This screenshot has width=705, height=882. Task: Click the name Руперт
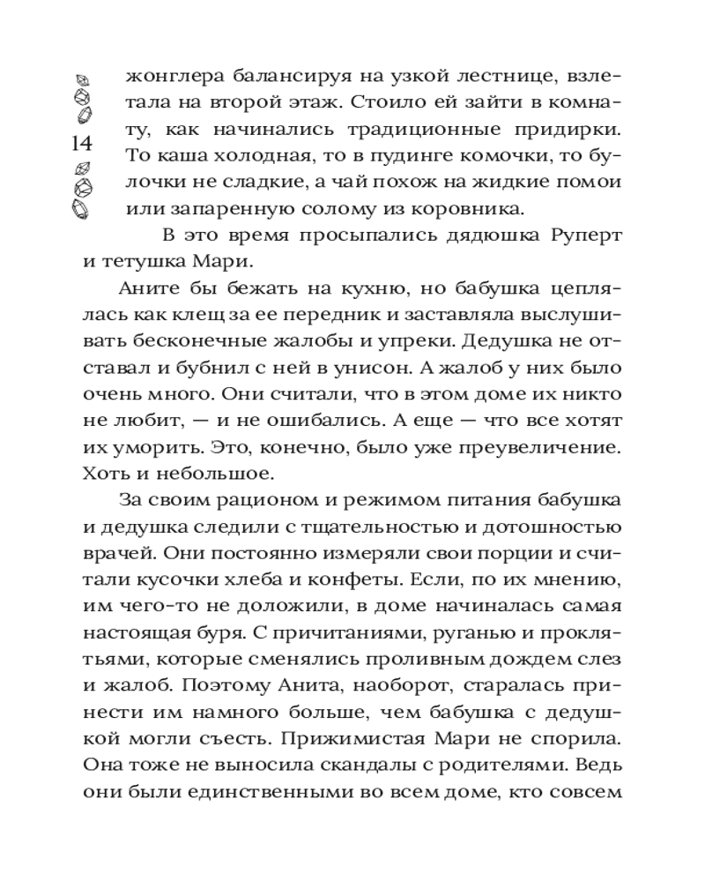tap(586, 236)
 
